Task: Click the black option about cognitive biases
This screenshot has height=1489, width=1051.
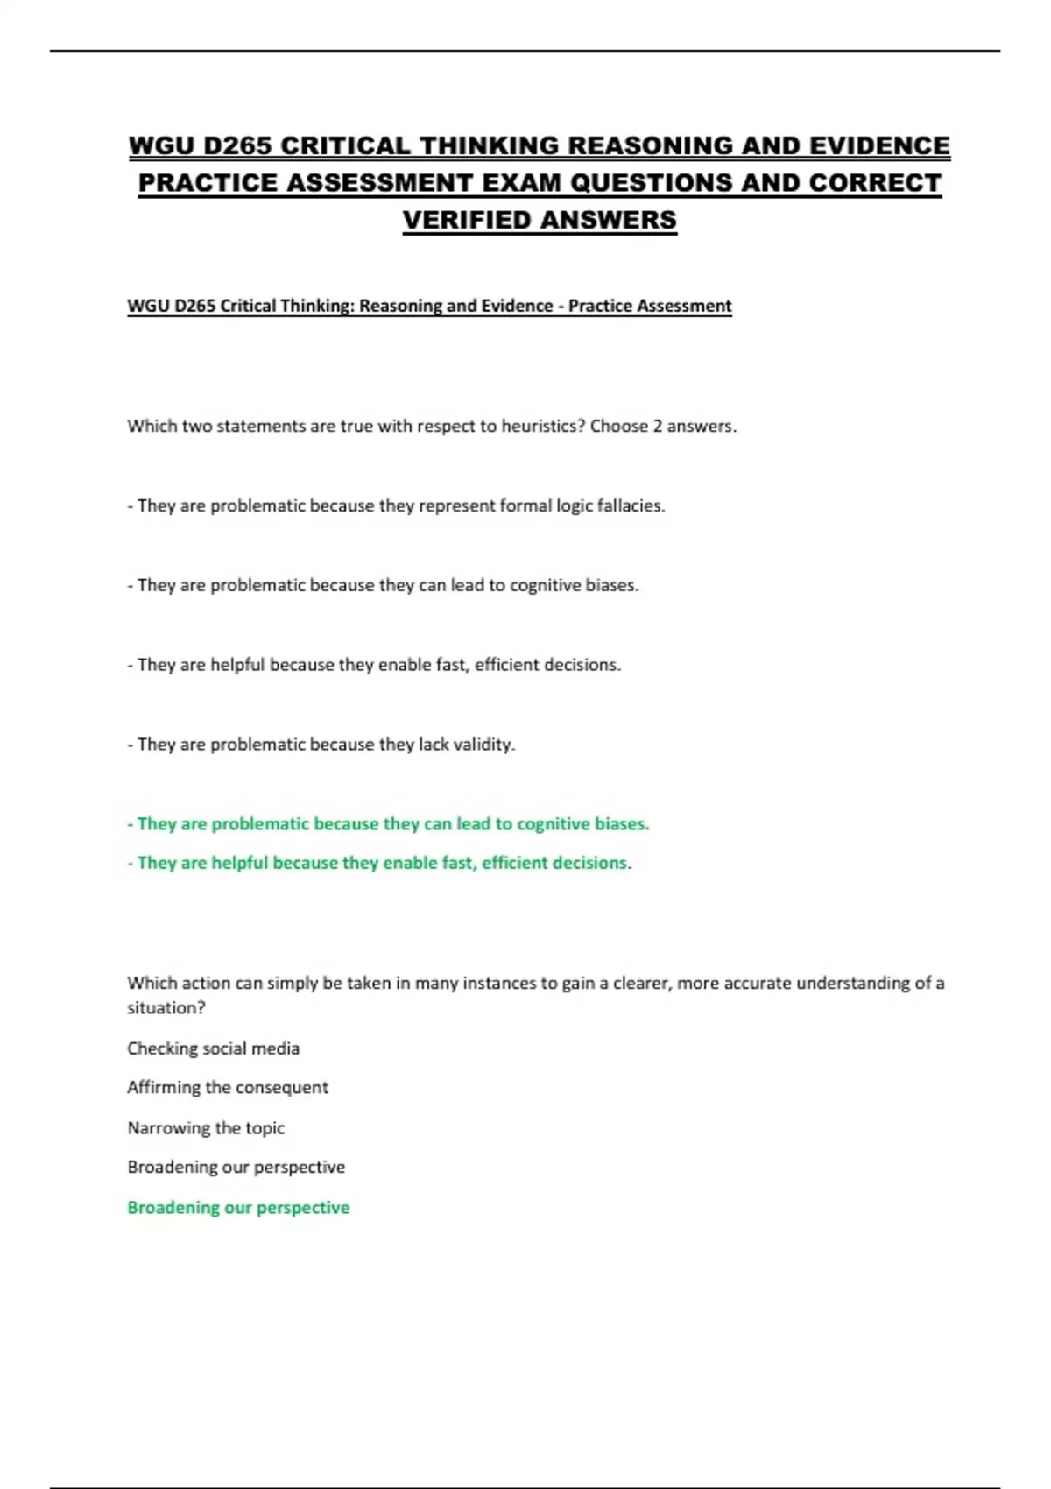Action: coord(384,585)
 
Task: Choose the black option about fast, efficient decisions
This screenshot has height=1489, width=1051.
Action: coord(375,665)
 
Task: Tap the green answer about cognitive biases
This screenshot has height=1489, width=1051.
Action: coord(388,824)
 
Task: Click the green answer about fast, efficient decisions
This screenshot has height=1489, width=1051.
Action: coord(378,863)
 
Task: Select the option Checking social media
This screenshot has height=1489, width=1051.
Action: coord(213,1048)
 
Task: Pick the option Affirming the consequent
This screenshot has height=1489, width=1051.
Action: coord(228,1088)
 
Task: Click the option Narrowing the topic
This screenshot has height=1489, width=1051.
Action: coord(206,1128)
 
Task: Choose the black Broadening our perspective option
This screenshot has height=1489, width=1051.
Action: coord(236,1168)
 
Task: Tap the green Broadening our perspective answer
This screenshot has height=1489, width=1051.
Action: coord(238,1208)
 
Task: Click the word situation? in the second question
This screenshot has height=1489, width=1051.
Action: coord(166,1008)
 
